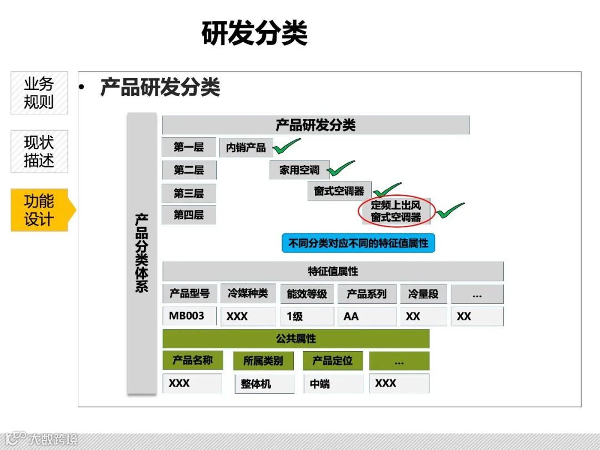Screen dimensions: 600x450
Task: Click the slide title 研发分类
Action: point(254,33)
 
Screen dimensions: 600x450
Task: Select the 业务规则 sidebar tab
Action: point(39,93)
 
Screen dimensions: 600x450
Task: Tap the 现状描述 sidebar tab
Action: point(39,151)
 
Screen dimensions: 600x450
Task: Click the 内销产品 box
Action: point(246,148)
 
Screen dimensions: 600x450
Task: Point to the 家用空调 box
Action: point(299,170)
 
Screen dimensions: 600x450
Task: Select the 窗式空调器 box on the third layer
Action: point(339,191)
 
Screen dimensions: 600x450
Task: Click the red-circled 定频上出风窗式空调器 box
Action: point(396,212)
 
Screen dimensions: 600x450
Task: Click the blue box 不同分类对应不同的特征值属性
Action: point(358,243)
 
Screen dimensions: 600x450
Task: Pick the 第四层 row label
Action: point(189,214)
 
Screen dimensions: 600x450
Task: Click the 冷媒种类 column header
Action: point(247,293)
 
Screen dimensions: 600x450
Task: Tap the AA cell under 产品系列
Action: point(367,316)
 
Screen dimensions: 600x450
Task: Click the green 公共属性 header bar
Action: point(296,338)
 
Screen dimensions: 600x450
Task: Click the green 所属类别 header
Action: point(263,361)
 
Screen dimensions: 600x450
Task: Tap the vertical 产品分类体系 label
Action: point(142,253)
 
